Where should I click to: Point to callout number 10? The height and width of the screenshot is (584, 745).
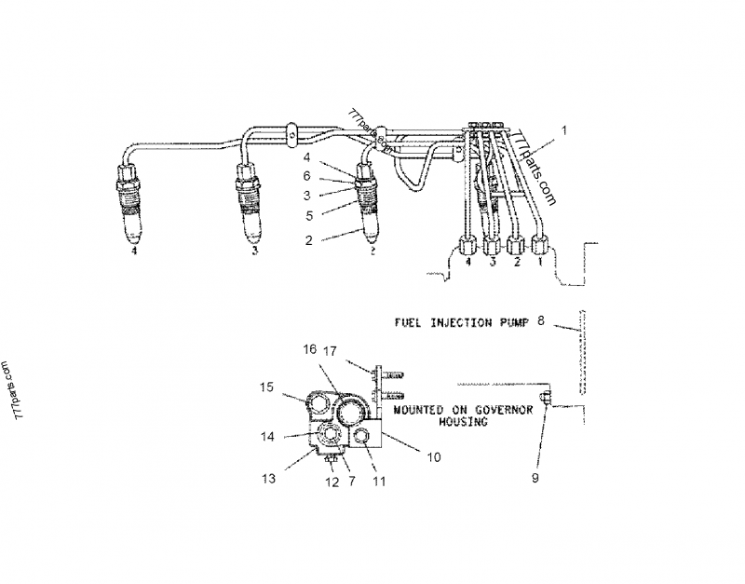pos(433,456)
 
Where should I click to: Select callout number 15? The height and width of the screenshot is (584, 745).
pos(268,387)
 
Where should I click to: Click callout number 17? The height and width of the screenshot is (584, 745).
pos(331,351)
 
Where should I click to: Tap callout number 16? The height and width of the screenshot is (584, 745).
pos(308,351)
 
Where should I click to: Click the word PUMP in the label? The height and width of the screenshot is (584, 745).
pos(511,322)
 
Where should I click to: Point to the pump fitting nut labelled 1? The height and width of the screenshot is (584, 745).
pos(539,249)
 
